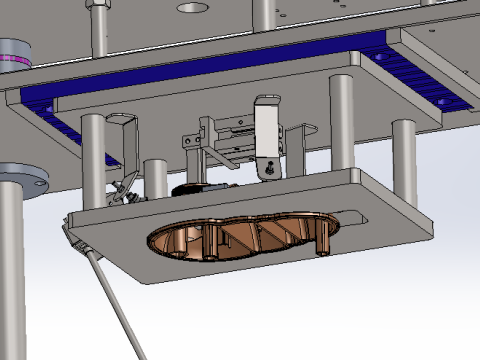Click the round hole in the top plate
188,7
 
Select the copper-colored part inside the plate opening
240,238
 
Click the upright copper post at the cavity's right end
323,238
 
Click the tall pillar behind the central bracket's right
340,120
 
